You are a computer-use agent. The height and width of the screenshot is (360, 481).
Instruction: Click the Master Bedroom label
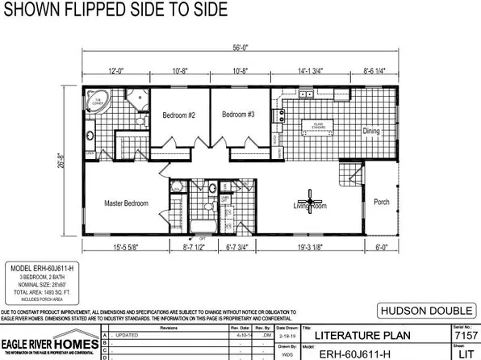126,203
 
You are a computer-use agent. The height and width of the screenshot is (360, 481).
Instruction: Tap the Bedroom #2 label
179,115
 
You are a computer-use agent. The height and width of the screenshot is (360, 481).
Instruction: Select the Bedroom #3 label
238,115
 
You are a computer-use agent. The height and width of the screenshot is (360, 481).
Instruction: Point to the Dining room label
370,131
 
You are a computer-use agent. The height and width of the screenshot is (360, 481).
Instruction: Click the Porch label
380,202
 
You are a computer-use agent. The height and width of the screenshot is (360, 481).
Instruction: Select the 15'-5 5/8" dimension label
123,248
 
